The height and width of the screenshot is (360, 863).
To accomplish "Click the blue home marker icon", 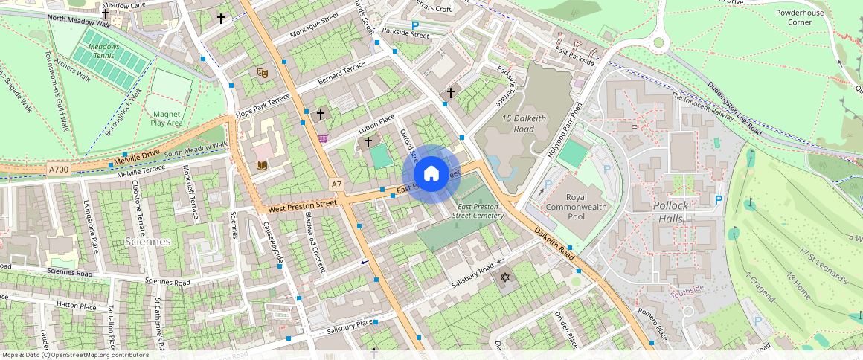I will click(431, 174).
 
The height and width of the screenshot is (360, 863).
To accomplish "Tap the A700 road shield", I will click(59, 170).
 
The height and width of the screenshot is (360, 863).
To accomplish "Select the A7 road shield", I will click(336, 184).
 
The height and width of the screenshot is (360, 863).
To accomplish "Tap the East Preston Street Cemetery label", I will click(481, 210).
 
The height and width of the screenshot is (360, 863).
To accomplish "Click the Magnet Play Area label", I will click(167, 118).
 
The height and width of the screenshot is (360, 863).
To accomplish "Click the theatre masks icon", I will click(262, 72).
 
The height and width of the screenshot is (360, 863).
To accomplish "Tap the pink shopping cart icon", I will click(323, 138).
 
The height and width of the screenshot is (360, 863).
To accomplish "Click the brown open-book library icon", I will click(261, 165).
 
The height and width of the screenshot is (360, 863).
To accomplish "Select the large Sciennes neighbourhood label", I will click(148, 242).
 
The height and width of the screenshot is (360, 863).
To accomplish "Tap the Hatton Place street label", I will click(77, 306).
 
